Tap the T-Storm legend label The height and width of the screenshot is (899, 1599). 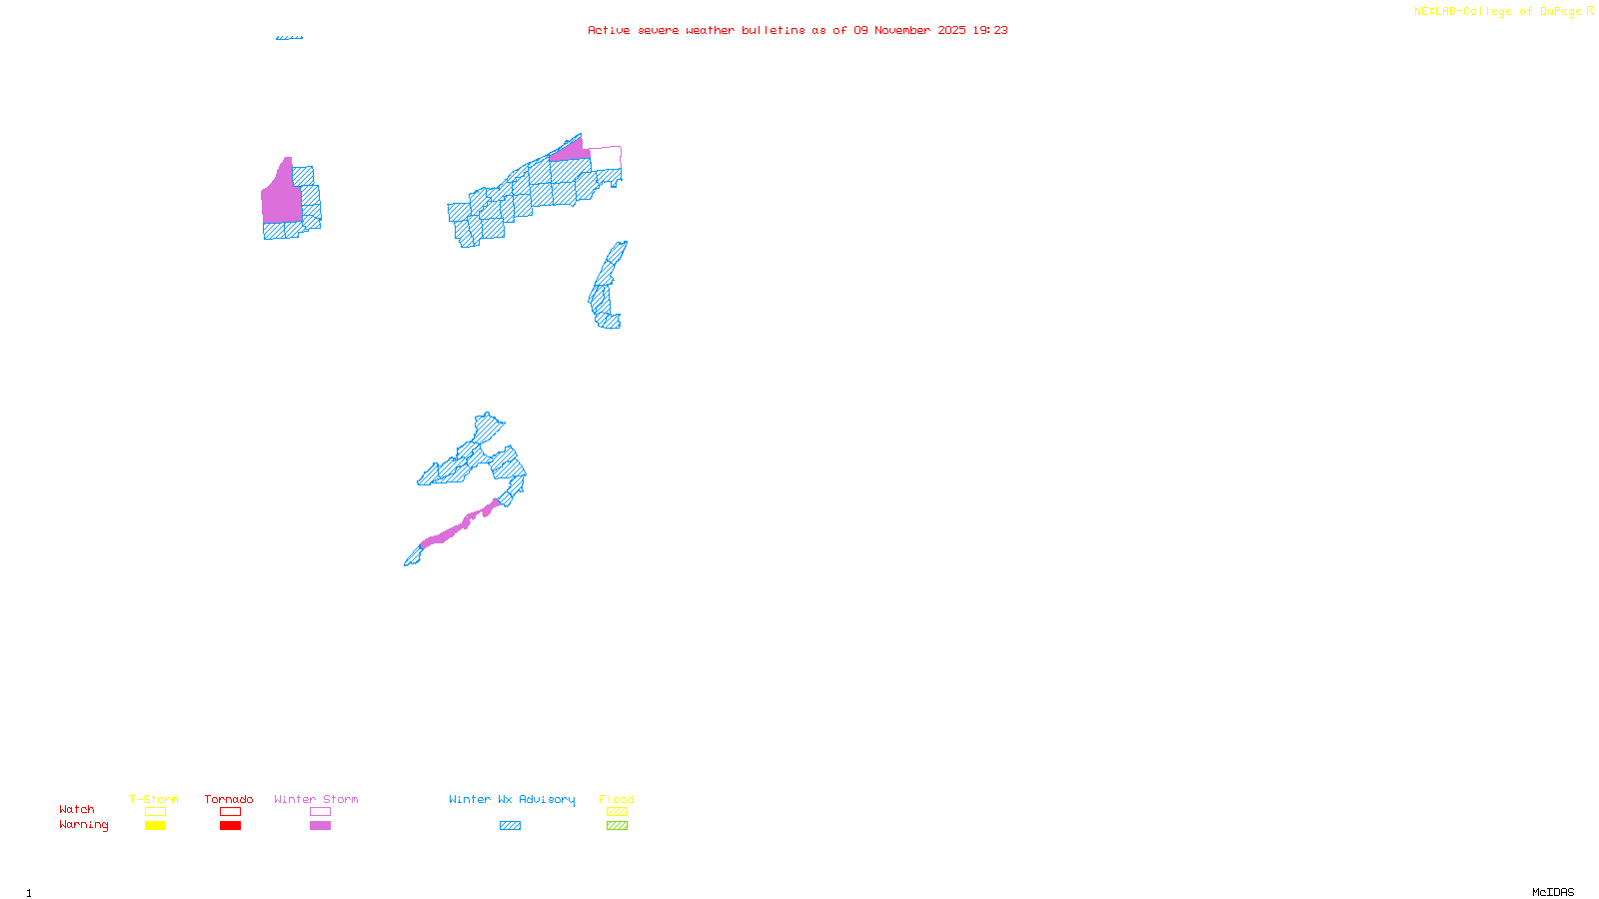[154, 799]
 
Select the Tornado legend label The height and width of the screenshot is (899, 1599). [229, 799]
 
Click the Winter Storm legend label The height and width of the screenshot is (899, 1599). [316, 799]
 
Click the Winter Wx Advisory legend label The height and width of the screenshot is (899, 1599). [512, 799]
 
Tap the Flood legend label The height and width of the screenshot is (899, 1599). [617, 799]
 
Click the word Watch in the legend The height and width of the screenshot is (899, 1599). [77, 809]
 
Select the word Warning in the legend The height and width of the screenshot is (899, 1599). [84, 825]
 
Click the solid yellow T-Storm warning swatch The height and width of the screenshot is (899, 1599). [155, 826]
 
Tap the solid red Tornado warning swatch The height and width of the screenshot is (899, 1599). [230, 826]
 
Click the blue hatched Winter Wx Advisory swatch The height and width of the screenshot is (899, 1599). [510, 826]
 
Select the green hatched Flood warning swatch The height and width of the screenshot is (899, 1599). [617, 826]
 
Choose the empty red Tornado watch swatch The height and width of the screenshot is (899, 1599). [230, 812]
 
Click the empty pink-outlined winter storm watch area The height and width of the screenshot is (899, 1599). [606, 158]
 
